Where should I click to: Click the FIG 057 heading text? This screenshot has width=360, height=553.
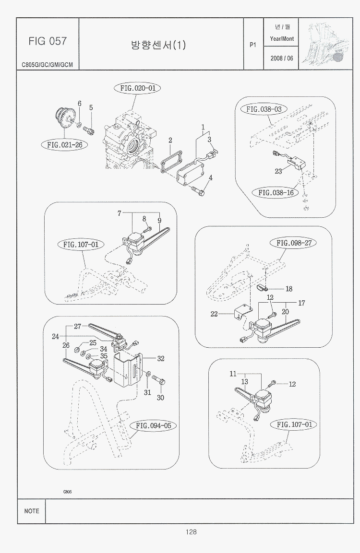point(47,41)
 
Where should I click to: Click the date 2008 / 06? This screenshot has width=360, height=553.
point(281,58)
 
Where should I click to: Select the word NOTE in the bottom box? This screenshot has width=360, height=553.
point(32,511)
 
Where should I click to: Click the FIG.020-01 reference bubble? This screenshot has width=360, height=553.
point(137,88)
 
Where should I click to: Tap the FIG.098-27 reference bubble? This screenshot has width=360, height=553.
point(294,243)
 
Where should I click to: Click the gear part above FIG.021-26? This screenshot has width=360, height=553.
point(64,118)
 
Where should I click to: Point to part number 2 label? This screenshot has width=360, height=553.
point(170,141)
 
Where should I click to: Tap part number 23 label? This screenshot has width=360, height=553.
point(278,172)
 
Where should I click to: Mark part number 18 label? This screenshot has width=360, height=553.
point(289,289)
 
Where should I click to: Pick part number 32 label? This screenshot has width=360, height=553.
point(161,358)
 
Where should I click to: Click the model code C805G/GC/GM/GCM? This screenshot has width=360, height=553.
point(47,64)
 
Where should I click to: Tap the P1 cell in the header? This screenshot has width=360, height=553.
point(253,45)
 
